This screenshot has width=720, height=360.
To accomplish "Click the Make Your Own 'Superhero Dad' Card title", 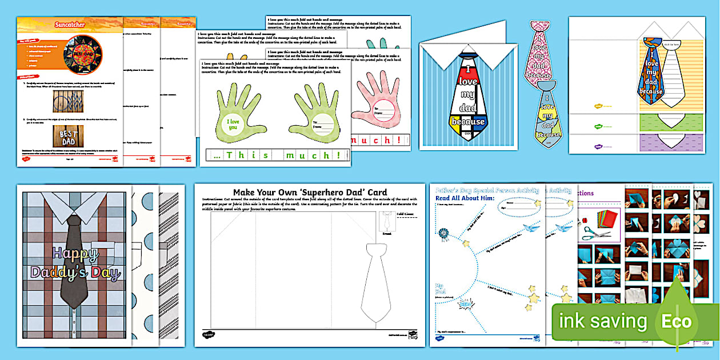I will click(310, 192).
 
